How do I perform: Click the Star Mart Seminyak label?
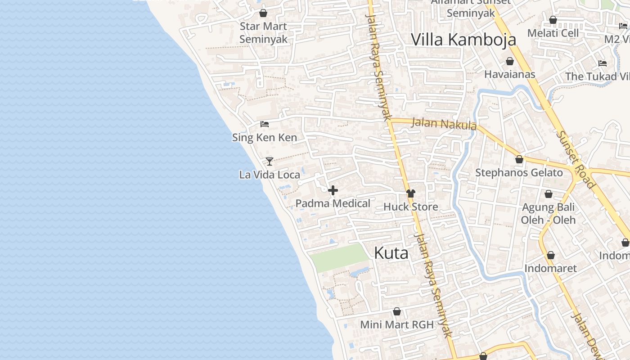[x=263, y=33]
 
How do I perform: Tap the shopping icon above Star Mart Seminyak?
[x=263, y=13]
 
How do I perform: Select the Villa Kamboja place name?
[x=463, y=40]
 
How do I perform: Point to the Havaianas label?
[x=510, y=74]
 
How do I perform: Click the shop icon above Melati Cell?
[x=553, y=20]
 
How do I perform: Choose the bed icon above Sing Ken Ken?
[x=265, y=124]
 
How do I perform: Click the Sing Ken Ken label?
[x=265, y=137]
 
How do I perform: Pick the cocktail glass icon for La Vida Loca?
[x=270, y=161]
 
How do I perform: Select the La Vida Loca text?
[x=270, y=175]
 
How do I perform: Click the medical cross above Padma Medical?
[x=333, y=191]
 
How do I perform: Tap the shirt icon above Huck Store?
[x=410, y=193]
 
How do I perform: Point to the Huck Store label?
[x=410, y=207]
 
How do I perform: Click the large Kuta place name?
[x=391, y=253]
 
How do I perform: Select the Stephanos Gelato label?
[x=519, y=173]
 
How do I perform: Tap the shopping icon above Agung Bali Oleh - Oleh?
[x=548, y=194]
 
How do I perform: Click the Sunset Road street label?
[x=576, y=159]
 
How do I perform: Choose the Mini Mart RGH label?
[x=397, y=324]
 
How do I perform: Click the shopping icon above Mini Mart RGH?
[x=397, y=311]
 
